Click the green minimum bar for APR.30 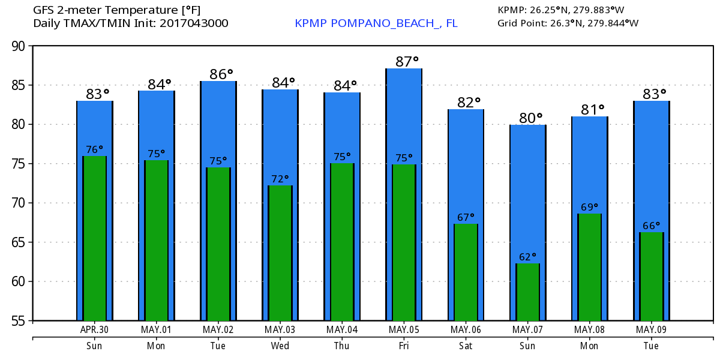pos(95,238)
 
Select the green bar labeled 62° pos(528,292)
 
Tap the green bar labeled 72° pos(280,253)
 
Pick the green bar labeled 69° pos(590,266)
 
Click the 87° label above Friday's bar pos(407,61)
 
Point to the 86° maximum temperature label pos(221,74)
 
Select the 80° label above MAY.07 pos(530,118)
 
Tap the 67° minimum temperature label pos(466,217)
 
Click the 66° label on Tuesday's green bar pos(652,225)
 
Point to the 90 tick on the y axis pos(20,46)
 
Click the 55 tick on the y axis pos(20,321)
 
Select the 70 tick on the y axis pos(20,203)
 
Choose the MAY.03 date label pos(280,329)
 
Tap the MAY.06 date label pos(466,329)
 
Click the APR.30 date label pos(95,329)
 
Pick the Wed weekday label pos(280,346)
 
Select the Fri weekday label pos(404,346)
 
